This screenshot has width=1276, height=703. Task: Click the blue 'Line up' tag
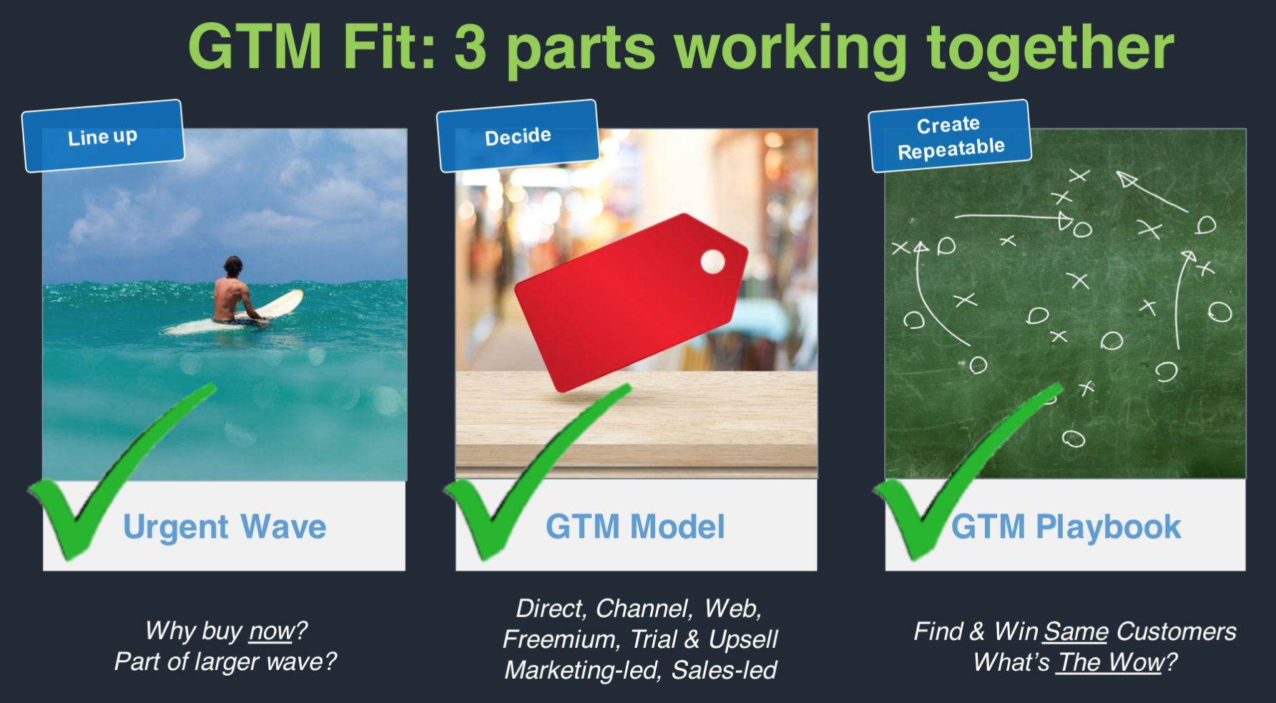pos(103,136)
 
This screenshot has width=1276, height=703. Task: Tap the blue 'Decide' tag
pos(518,136)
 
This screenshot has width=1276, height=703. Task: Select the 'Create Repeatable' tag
pos(950,136)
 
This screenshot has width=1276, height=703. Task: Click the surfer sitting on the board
pos(235,292)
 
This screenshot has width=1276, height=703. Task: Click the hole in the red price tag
pos(712,262)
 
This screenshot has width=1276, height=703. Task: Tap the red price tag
pos(631,302)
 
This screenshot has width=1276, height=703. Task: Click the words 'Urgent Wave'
pos(225,527)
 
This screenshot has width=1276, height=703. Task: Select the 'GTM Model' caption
pos(635,527)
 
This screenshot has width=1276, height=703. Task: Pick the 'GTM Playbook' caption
pos(1066,527)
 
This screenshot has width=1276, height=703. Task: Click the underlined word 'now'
pos(271,631)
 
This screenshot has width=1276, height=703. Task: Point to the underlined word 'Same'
pos(1076,631)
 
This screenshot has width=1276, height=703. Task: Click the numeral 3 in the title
pos(470,47)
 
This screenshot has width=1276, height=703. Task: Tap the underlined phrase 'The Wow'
pos(1111,662)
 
